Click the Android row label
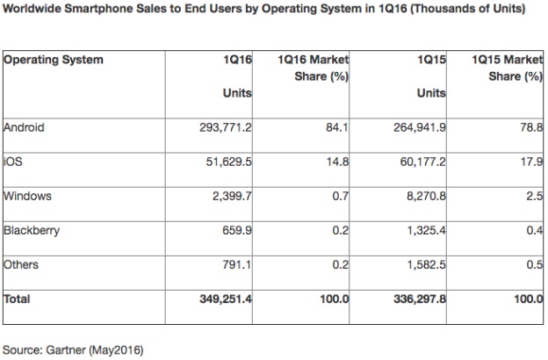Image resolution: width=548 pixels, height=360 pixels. pos(24,128)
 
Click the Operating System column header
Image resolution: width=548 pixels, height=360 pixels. pos(54,60)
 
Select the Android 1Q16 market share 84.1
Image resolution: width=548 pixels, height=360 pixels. pos(337,128)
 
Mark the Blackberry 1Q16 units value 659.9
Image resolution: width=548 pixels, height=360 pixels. pos(235,231)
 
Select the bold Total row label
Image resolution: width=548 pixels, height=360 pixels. pos(18,299)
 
